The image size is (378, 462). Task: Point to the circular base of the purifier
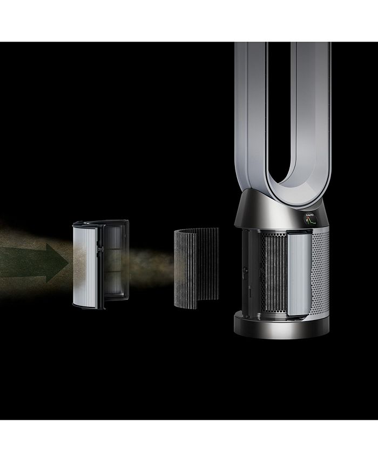281,324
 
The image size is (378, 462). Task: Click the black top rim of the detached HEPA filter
100,222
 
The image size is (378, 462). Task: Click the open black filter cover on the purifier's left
246,270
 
